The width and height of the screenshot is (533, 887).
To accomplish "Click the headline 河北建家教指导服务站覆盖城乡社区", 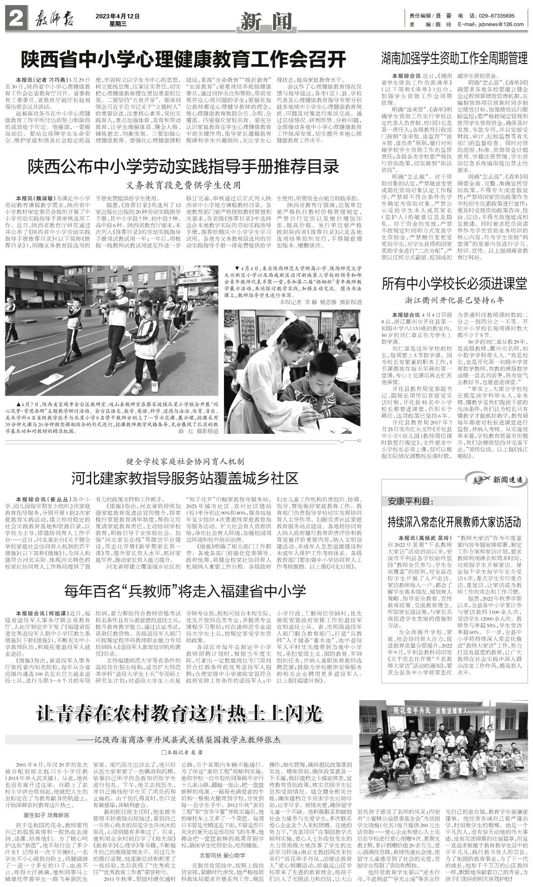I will point(185,478).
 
